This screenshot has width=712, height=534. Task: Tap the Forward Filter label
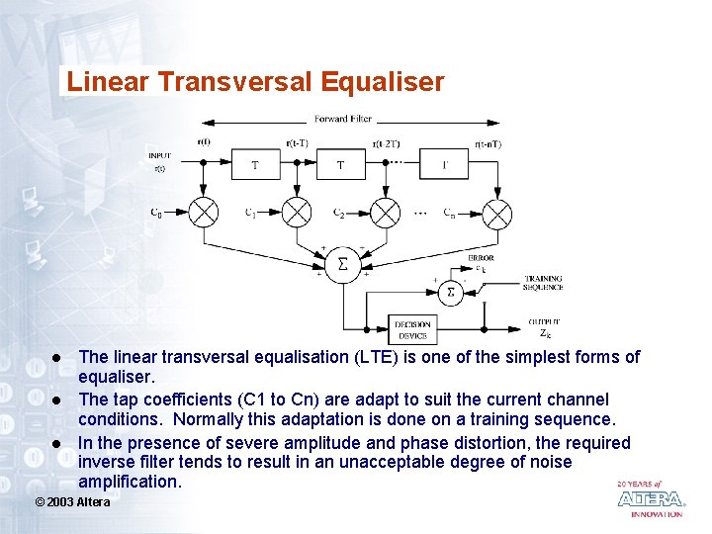coord(343,119)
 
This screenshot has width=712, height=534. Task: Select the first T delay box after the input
coord(254,165)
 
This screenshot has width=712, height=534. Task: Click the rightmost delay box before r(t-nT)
coord(445,165)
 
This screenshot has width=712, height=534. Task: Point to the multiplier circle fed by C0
coord(204,213)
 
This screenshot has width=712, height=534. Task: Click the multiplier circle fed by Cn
coord(496,213)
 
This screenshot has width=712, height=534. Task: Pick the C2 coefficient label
coord(338,213)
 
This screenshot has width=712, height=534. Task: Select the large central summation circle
coord(343,265)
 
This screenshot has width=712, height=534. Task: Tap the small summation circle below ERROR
coord(451,292)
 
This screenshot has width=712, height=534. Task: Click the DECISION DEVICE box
coord(412,329)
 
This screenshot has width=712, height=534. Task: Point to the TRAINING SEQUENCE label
coord(543,283)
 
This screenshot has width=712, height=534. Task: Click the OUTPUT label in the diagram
coord(543,321)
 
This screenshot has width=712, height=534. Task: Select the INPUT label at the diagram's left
coord(159,155)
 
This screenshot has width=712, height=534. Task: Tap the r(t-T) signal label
coord(297,143)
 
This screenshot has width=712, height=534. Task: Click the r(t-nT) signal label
coord(488,144)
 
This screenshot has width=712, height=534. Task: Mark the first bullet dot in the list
coord(58,357)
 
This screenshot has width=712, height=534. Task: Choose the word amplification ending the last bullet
coord(131,482)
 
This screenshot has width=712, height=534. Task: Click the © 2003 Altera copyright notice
coord(72,502)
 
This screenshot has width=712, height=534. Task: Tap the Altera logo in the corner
coord(650,498)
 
